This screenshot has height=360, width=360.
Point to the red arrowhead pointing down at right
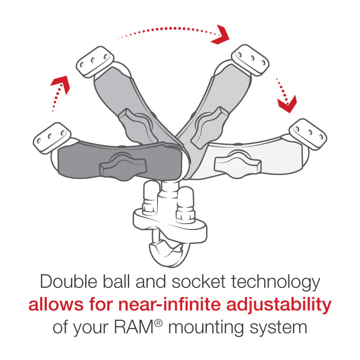click(x=287, y=104)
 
